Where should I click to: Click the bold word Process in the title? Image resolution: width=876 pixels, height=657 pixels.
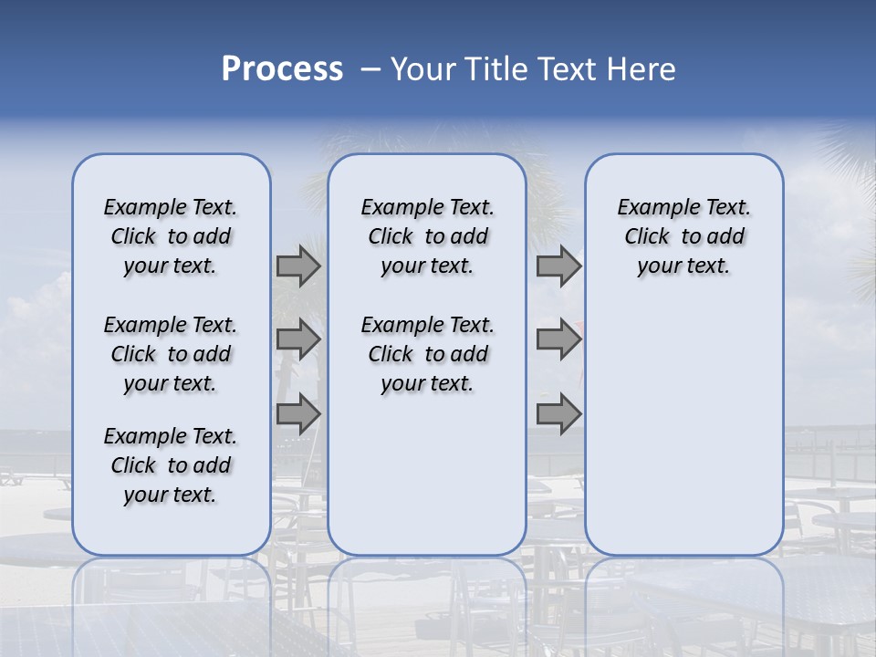point(282,69)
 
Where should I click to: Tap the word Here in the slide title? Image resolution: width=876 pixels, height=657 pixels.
point(640,69)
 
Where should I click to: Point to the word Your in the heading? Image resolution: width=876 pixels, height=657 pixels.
point(423,69)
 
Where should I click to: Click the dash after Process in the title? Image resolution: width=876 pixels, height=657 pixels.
point(370,70)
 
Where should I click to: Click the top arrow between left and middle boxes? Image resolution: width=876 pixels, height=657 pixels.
point(298,266)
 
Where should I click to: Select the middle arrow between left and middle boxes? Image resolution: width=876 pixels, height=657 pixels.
point(298,339)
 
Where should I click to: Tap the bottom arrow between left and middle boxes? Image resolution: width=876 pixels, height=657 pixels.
point(298,413)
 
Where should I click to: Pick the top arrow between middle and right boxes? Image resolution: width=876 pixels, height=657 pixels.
point(558,266)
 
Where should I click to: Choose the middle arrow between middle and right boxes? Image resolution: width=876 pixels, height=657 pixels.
point(558,339)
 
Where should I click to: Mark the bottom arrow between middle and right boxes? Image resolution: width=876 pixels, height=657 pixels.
point(558,413)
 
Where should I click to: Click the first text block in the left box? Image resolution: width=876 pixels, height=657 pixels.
point(171,236)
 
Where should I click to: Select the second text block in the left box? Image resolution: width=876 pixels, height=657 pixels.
point(171,354)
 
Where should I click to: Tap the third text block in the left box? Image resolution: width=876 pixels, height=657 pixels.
point(171,465)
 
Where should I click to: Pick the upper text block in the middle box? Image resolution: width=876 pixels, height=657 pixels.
point(427,236)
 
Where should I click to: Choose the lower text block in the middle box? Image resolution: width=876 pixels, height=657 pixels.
point(427,354)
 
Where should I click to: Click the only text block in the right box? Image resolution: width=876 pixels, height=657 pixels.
point(683,236)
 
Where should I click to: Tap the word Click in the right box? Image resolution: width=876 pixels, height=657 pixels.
point(647,237)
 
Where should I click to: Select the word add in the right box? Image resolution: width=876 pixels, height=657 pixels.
point(725,237)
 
